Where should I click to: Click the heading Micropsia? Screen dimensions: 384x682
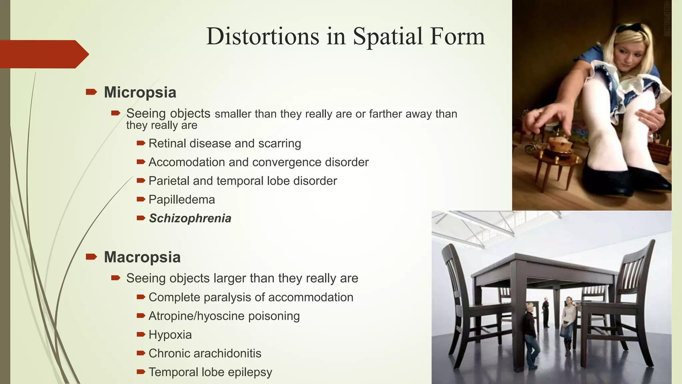140,92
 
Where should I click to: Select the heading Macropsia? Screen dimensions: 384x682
142,257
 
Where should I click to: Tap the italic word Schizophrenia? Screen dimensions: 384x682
190,218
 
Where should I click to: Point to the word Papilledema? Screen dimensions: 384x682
181,200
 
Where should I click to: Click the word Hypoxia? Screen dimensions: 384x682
170,335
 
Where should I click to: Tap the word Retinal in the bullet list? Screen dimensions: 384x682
167,143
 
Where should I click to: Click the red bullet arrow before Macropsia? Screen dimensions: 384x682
91,257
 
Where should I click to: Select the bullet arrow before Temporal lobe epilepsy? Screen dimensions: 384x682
141,371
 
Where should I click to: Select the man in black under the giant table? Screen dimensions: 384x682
545,312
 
